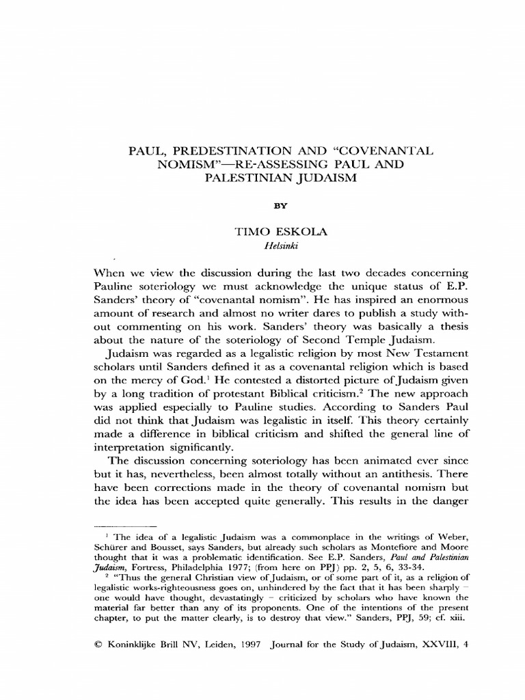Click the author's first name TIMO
point(249,232)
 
